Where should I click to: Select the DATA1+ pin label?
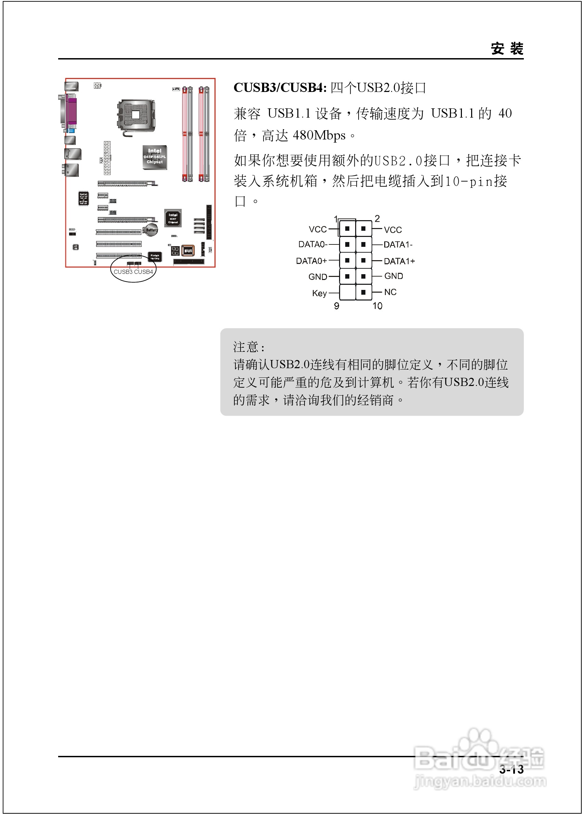click(399, 261)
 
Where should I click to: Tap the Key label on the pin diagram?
click(319, 293)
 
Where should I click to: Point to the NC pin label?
click(390, 292)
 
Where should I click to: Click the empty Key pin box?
click(347, 292)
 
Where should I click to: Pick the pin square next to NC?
click(363, 292)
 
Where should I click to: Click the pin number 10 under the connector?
click(377, 306)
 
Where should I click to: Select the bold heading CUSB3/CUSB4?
click(280, 88)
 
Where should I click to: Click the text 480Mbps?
click(319, 136)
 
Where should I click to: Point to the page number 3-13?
click(512, 769)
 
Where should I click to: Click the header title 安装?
click(507, 49)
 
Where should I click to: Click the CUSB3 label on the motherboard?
click(123, 272)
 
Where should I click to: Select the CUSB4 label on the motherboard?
click(143, 272)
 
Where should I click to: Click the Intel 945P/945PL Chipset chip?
click(154, 157)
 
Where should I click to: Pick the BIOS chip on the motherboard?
click(188, 251)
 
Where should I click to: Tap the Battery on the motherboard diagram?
click(151, 230)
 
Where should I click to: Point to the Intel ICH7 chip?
click(173, 218)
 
